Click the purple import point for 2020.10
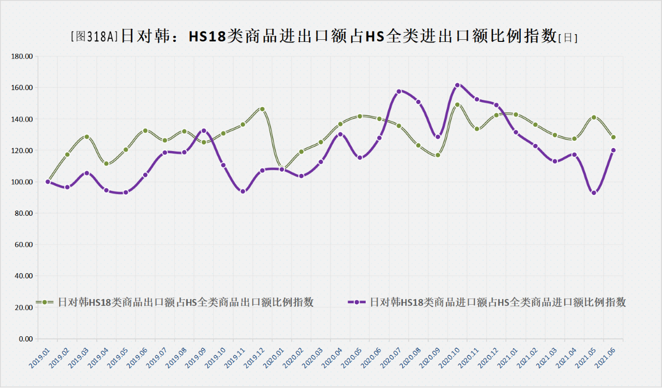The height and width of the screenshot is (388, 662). click(457, 85)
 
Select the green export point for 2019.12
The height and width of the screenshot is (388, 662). click(262, 109)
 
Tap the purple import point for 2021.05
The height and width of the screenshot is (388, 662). click(594, 193)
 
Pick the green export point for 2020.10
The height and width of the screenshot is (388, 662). click(457, 105)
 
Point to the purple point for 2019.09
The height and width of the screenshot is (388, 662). click(204, 131)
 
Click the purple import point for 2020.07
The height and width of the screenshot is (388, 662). click(399, 92)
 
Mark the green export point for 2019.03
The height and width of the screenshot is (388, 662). click(87, 137)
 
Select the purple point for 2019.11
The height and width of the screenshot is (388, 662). click(243, 191)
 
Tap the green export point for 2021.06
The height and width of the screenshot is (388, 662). click(613, 137)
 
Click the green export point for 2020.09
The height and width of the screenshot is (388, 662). click(438, 155)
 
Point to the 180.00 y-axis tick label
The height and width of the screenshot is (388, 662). click(22, 56)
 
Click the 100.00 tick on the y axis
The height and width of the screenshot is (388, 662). click(22, 182)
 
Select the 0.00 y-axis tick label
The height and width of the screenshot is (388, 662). click(25, 339)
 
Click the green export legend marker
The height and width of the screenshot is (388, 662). click(44, 302)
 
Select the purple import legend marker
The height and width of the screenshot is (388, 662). click(357, 302)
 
